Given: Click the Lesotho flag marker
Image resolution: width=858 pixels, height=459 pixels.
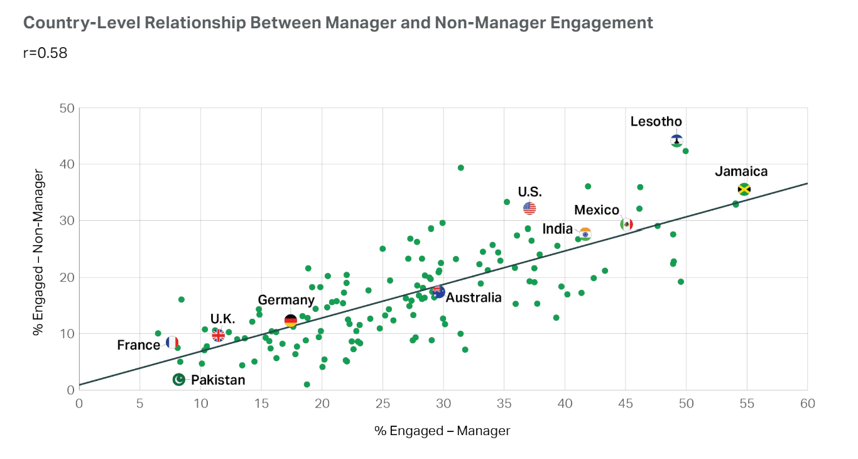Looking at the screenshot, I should click(x=676, y=141).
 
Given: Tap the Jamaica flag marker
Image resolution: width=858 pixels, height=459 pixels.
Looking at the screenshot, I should click(x=744, y=189).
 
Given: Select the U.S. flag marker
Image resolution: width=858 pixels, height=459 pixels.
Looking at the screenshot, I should click(x=529, y=208).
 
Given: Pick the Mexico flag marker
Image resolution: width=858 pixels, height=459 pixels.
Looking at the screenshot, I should click(x=626, y=224).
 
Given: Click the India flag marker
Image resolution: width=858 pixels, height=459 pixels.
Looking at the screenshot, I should click(x=585, y=234).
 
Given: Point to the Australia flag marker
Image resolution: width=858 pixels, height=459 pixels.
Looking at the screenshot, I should click(x=438, y=292).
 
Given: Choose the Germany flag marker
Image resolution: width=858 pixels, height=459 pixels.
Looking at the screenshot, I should click(x=290, y=321).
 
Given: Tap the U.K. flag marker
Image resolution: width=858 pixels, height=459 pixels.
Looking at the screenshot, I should click(x=218, y=335).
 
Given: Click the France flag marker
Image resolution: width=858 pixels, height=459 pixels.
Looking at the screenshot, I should click(x=172, y=343).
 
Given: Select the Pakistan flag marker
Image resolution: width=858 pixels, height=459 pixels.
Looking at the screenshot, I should click(x=179, y=379).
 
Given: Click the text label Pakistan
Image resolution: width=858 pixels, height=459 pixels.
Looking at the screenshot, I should click(x=218, y=380).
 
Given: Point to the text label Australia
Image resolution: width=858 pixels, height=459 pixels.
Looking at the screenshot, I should click(x=475, y=298).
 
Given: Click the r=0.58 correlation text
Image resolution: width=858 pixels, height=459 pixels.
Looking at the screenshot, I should click(x=45, y=53).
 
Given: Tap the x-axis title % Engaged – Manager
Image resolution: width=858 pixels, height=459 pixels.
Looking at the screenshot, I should click(x=442, y=431).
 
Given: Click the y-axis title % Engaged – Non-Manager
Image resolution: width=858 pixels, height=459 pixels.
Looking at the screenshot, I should click(x=39, y=252).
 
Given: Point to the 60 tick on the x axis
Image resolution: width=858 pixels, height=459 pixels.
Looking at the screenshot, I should click(x=808, y=403).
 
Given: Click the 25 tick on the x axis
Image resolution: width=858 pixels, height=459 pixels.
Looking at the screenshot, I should click(x=383, y=403).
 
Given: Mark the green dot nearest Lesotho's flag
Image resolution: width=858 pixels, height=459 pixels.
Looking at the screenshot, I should click(x=686, y=151).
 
